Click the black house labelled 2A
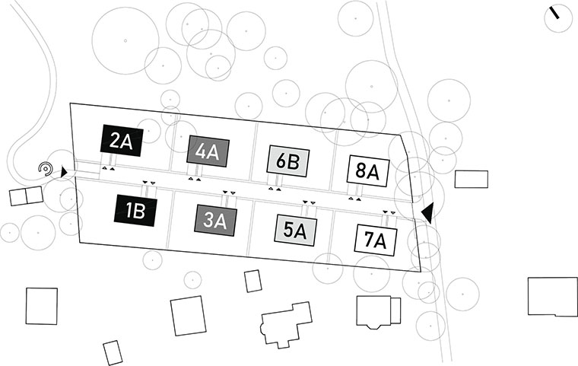click(x=121, y=141)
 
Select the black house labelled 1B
click(x=135, y=210)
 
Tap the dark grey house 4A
click(x=208, y=151)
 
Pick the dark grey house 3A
click(x=216, y=220)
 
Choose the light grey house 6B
click(x=287, y=161)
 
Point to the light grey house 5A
click(x=295, y=229)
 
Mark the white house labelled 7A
click(x=376, y=240)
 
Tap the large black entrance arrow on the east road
click(x=428, y=213)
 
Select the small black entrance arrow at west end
click(x=65, y=173)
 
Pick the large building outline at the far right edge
click(x=552, y=296)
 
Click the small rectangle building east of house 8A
click(x=471, y=179)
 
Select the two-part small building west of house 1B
click(x=27, y=196)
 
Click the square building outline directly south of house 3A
click(x=188, y=315)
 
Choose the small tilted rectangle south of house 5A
click(x=253, y=281)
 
